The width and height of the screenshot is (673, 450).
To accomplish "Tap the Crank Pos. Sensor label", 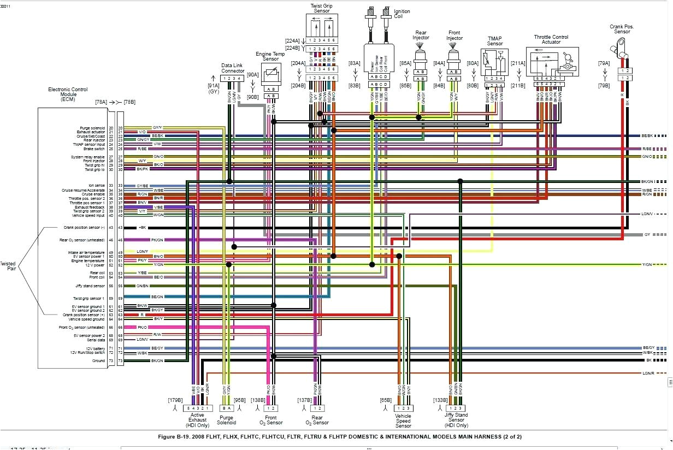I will coord(622,29).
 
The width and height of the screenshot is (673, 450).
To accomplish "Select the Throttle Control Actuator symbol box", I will coord(552,61).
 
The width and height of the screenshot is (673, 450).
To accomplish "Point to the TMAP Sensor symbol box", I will coord(494,63).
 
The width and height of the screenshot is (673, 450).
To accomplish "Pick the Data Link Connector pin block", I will coord(233,79).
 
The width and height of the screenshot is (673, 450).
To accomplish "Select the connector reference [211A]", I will coord(518,63).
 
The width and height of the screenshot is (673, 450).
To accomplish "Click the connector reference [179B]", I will coord(175,399).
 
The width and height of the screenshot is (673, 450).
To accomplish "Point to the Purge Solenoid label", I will coord(226,419).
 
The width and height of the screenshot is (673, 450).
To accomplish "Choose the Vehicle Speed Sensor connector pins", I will coord(403,408).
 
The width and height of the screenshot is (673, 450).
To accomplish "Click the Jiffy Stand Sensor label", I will coord(457,419).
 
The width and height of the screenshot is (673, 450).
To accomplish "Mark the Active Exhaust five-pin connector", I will coord(197,408).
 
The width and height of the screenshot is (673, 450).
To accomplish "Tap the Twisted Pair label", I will coord(8,267).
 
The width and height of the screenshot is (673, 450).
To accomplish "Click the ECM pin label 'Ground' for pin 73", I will coord(98,361).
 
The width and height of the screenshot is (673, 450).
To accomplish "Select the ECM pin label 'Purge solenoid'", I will coord(92,128).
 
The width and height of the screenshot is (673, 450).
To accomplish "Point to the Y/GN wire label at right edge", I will coord(647,265).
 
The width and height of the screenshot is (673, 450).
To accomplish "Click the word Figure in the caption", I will coord(168,436).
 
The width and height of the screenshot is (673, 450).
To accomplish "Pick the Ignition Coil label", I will coord(402,14).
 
